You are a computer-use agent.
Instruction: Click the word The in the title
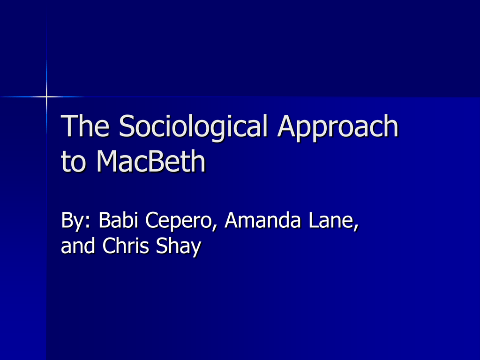pos(85,125)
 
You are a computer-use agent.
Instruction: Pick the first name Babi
pos(118,219)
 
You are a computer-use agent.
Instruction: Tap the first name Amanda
pos(262,219)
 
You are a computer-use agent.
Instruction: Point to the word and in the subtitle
pos(78,246)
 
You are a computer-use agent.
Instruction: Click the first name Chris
pos(126,245)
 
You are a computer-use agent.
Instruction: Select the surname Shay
pos(179,247)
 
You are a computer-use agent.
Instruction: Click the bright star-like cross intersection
pos(46,97)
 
